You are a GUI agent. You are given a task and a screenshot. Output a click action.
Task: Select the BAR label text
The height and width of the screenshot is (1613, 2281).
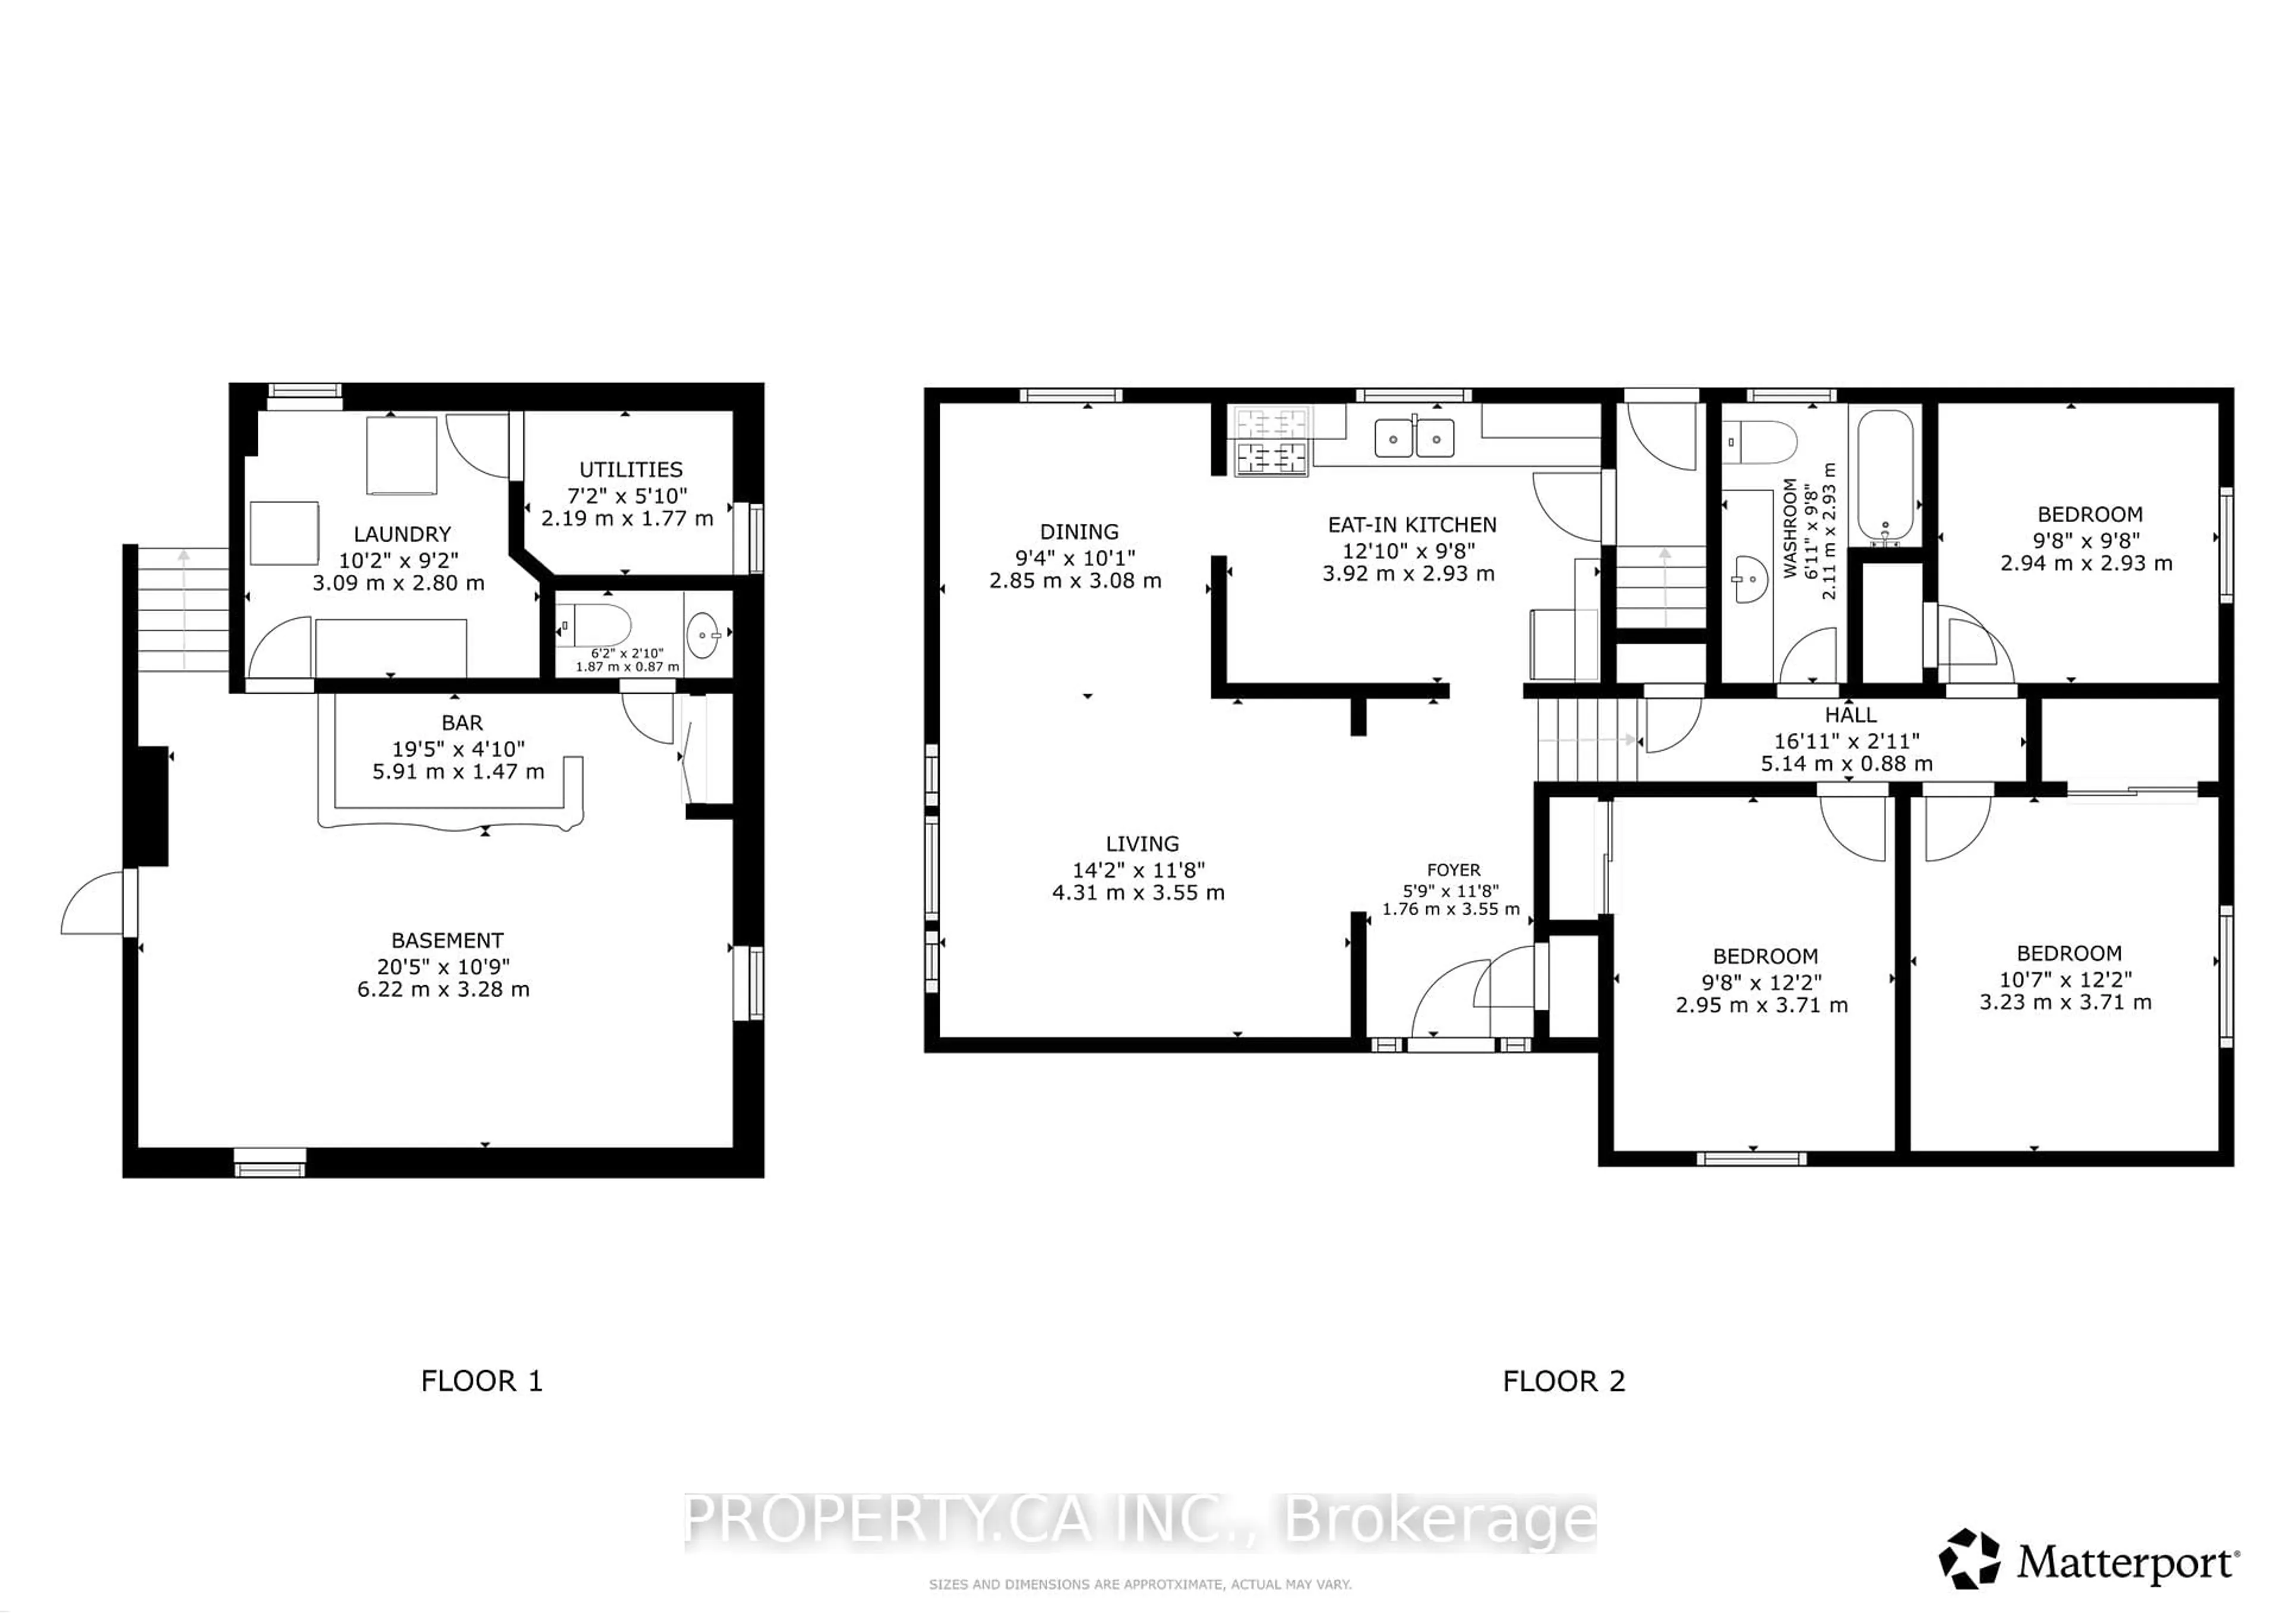tap(462, 723)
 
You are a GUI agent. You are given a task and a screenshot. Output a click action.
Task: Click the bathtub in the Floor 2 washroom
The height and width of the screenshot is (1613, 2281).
tap(1885, 475)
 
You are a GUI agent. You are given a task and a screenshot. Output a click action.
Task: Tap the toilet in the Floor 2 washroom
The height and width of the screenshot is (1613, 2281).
tap(1764, 442)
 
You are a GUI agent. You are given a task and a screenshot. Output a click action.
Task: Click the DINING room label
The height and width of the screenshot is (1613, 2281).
tap(1079, 532)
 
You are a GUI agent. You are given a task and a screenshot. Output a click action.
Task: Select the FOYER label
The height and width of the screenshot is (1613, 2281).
tap(1454, 870)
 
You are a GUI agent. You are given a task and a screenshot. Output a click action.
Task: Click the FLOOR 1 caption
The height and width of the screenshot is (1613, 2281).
tap(482, 1381)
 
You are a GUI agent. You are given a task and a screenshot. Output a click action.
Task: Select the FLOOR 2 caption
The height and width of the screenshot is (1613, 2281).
tap(1563, 1381)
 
